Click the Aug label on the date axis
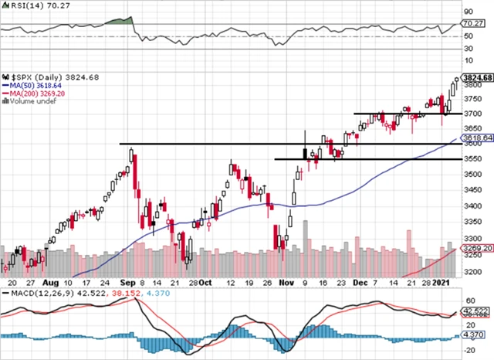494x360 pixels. (52, 283)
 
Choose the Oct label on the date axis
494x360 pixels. (205, 283)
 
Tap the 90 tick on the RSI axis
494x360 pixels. (469, 12)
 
